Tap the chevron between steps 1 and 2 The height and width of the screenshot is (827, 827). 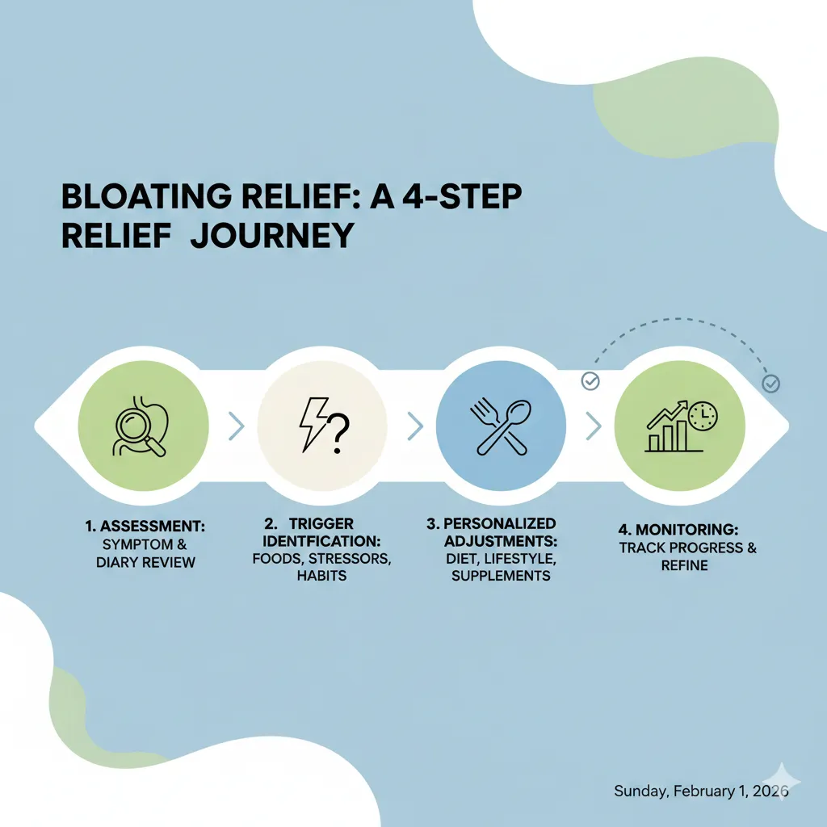[236, 426]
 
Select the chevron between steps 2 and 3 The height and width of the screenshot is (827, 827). [415, 426]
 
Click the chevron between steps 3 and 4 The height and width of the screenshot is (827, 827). [594, 426]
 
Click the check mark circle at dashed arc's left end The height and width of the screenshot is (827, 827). [591, 380]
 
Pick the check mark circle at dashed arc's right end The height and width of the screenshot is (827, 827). [771, 384]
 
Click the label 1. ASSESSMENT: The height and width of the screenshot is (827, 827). [145, 527]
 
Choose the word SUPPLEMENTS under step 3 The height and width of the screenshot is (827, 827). [501, 576]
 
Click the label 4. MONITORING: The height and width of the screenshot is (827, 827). [678, 530]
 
